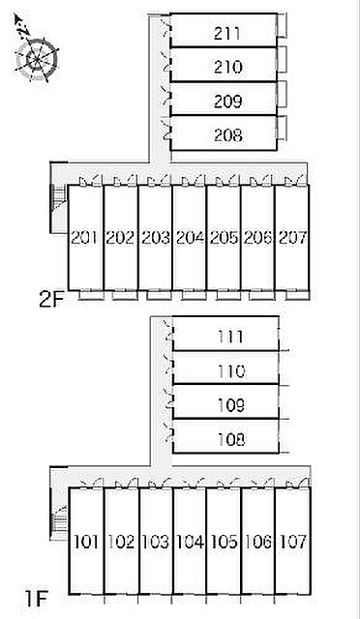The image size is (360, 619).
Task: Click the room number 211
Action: pos(226,33)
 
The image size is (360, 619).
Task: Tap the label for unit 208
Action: pos(227,135)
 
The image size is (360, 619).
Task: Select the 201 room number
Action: pos(84,238)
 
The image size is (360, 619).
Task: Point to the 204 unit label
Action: pos(190,238)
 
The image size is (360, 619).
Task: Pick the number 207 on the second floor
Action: pos(293,238)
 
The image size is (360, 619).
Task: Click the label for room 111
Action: pos(230,338)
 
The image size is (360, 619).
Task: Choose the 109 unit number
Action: pos(230,405)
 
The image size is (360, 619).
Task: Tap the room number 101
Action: pos(86,542)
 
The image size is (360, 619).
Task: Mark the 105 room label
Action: pos(225,542)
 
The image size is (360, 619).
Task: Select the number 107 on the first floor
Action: pos(293,542)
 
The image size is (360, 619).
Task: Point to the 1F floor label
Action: pos(36,600)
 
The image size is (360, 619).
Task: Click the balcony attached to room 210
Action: pos(282,59)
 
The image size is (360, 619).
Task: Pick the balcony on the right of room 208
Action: pos(282,128)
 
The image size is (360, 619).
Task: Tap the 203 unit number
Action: pos(155,238)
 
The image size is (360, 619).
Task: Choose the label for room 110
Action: pos(231,371)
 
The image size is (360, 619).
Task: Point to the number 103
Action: pos(155,542)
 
